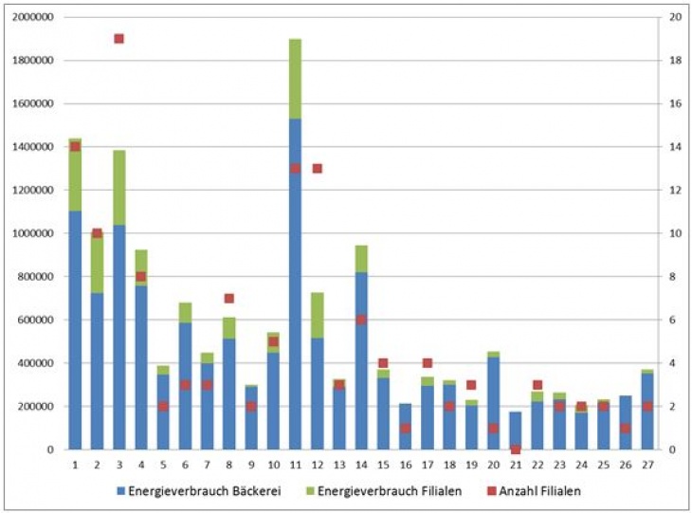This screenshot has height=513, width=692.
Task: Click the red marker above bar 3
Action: [x=118, y=39]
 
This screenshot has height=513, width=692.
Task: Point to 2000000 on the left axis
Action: [x=32, y=18]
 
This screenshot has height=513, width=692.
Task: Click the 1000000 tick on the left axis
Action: [x=32, y=234]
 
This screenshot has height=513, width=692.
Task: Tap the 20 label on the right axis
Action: [x=674, y=18]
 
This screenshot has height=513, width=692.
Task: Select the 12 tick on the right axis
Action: [x=674, y=191]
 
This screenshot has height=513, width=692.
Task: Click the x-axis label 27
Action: [x=647, y=465]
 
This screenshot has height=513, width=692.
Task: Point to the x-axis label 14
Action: [x=361, y=465]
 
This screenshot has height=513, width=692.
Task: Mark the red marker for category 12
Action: [x=317, y=169]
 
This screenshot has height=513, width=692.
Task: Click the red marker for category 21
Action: [x=515, y=449]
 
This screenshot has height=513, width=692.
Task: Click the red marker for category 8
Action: [x=228, y=299]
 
